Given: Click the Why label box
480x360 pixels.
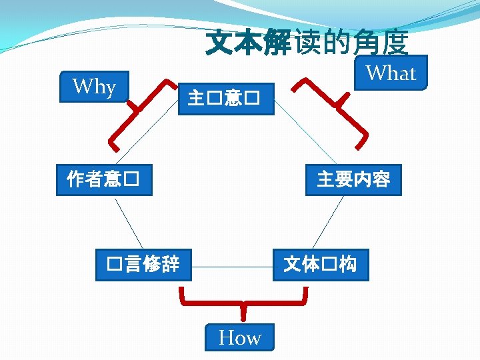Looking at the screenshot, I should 94,87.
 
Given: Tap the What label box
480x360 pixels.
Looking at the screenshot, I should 391,73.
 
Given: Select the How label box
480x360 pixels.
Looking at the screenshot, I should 241,338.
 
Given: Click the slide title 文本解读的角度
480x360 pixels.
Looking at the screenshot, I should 307,44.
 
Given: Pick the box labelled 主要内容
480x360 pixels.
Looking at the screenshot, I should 353,179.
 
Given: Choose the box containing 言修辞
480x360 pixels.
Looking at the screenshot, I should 143,264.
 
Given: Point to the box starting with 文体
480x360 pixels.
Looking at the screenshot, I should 320,264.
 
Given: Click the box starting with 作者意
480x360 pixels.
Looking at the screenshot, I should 103,179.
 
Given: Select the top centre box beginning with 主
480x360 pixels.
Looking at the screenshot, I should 226,99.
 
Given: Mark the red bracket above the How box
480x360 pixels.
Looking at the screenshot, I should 243,304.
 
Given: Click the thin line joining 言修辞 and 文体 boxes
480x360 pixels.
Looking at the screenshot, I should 232,267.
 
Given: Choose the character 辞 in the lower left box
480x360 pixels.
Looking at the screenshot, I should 171,264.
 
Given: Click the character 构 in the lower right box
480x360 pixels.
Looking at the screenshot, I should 347,264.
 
